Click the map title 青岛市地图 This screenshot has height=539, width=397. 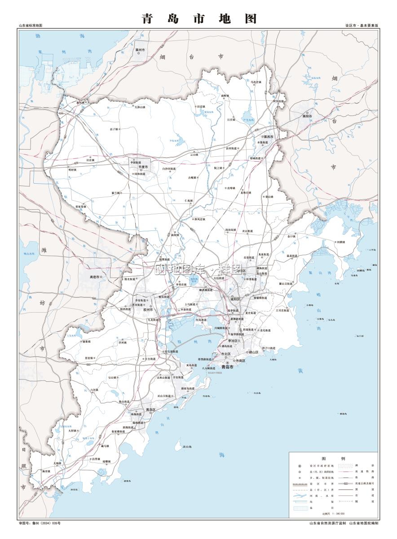199,18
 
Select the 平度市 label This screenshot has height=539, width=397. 143,167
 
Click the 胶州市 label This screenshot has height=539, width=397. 148,309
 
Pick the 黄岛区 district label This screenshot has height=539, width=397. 150,410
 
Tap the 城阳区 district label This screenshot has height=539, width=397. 236,299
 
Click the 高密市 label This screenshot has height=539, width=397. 95,277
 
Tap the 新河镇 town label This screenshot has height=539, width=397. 81,102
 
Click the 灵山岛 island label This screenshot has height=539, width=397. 187,446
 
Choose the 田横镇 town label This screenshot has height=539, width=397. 340,242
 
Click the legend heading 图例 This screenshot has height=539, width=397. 333,458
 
